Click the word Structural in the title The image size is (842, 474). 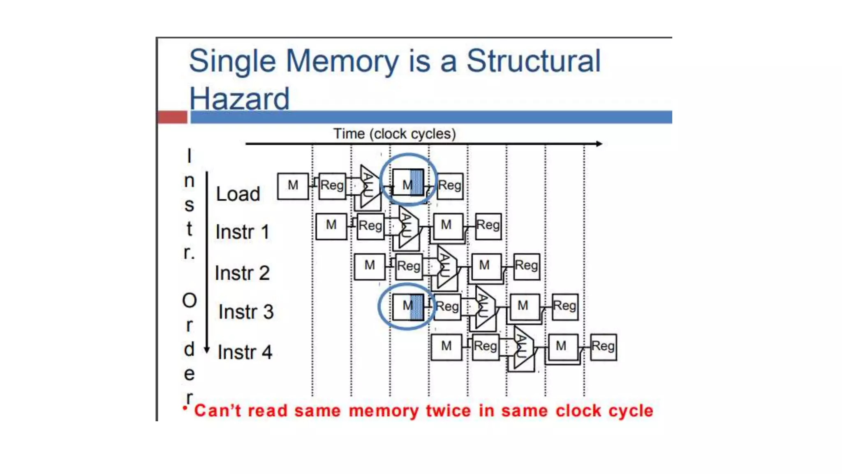pyautogui.click(x=533, y=61)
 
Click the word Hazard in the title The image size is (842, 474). pyautogui.click(x=239, y=99)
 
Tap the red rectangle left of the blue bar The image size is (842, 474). pyautogui.click(x=172, y=117)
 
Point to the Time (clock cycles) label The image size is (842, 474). pyautogui.click(x=394, y=134)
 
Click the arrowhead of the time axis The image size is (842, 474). pyautogui.click(x=599, y=144)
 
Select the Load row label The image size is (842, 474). pyautogui.click(x=238, y=194)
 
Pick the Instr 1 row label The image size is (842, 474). pyautogui.click(x=242, y=232)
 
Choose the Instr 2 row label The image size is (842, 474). pyautogui.click(x=242, y=273)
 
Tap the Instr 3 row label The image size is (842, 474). pyautogui.click(x=246, y=312)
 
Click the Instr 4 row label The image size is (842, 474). pyautogui.click(x=245, y=352)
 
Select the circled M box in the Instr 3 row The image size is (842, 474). pyautogui.click(x=407, y=307)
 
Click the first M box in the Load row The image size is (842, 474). pyautogui.click(x=293, y=186)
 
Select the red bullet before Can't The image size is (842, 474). pyautogui.click(x=185, y=408)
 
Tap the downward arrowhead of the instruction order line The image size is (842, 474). pyautogui.click(x=207, y=350)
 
